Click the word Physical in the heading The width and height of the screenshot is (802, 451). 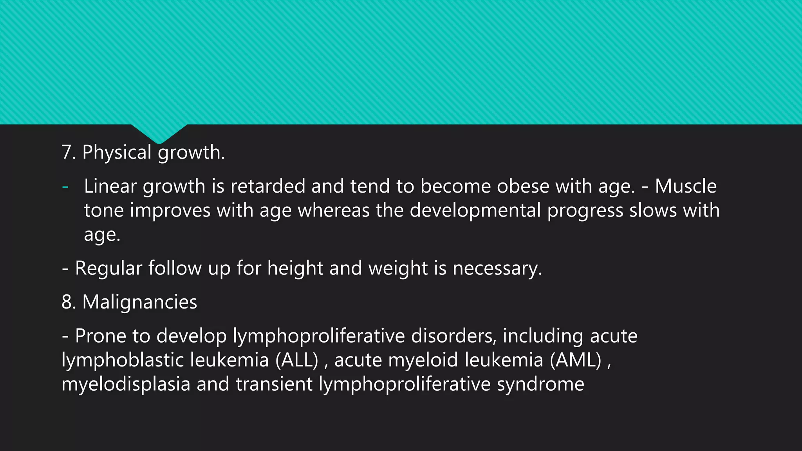pos(117,152)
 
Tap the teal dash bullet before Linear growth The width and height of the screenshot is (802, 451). pos(65,187)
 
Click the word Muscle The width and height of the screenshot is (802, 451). pos(686,186)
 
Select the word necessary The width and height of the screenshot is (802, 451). pos(497,268)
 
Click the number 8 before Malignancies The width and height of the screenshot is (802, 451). pos(67,302)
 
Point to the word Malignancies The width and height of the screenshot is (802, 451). pos(140,302)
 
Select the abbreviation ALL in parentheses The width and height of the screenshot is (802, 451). pos(297,360)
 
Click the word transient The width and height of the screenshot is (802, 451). pos(274,384)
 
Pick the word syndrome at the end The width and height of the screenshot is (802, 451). pos(540,384)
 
